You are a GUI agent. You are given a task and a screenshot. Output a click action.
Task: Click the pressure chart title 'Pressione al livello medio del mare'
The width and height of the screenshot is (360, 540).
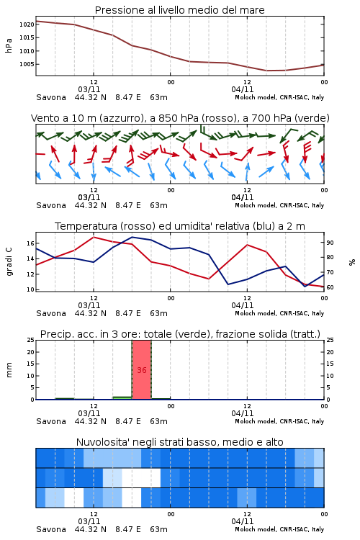point(179,10)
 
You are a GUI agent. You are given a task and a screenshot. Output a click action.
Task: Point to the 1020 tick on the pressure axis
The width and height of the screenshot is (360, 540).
point(27,24)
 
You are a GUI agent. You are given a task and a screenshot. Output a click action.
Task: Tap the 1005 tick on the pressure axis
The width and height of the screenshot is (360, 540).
point(27,64)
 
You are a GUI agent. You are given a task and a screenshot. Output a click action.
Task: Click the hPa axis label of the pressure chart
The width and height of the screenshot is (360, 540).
point(9,45)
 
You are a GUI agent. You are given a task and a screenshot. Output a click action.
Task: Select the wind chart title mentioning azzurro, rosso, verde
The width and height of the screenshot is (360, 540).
point(180,118)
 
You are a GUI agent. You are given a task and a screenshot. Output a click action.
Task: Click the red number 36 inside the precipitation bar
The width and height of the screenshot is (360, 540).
point(142,370)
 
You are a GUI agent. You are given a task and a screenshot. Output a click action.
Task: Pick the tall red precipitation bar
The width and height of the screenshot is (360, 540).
point(142,370)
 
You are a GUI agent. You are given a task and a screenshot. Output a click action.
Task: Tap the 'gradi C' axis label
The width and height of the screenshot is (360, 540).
point(9,262)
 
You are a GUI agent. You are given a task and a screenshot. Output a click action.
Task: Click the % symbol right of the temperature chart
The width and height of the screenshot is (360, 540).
point(352,262)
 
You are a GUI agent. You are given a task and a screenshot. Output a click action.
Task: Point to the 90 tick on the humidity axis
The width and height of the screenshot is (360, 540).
point(330,243)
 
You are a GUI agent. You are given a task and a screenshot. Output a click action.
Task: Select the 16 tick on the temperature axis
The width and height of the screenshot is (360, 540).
point(31,243)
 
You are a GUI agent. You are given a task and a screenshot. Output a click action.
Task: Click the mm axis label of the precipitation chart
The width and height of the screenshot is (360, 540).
point(9,370)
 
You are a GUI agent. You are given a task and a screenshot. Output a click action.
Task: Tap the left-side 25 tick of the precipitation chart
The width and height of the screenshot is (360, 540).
point(31,340)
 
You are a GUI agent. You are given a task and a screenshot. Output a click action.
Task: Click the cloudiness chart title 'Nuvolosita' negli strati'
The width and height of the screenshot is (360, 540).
point(179,442)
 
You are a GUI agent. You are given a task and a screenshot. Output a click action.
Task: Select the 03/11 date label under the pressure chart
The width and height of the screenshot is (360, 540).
point(89,89)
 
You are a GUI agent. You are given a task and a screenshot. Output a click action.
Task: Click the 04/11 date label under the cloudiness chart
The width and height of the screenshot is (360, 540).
point(243,521)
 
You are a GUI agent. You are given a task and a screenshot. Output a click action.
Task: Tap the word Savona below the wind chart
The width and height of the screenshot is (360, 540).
point(51,206)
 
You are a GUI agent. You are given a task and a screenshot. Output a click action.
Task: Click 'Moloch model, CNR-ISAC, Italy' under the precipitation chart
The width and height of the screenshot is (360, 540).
point(279,421)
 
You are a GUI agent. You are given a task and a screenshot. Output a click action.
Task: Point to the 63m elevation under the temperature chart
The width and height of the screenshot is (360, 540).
point(158,313)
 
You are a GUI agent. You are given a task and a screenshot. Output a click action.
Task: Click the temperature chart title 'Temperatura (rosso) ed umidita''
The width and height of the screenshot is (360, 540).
point(180,226)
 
